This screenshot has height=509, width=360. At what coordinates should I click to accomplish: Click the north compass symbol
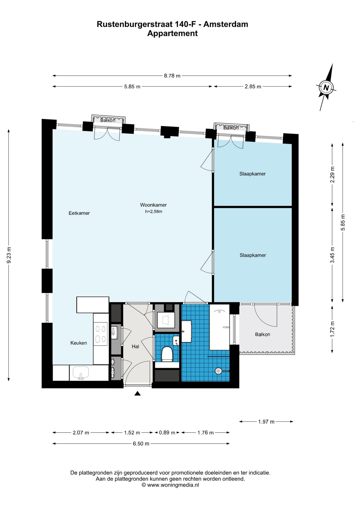click(326, 87)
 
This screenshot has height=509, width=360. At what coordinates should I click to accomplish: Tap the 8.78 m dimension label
click(172, 76)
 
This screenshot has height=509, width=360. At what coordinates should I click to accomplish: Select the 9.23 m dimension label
click(9, 255)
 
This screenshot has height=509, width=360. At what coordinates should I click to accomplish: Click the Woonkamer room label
click(153, 205)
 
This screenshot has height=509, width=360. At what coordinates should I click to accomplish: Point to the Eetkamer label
click(79, 213)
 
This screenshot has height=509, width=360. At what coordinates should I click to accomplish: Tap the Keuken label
click(78, 343)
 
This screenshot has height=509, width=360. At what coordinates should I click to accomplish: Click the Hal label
click(135, 346)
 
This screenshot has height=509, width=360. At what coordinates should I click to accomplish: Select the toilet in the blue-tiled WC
click(167, 354)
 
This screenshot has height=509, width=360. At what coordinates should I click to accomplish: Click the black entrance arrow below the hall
click(137, 393)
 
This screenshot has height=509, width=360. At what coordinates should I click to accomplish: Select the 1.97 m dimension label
click(266, 422)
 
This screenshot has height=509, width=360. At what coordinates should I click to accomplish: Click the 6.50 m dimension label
click(141, 444)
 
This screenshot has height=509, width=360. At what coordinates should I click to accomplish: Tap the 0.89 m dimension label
click(167, 433)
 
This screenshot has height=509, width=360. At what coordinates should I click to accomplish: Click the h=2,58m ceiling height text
click(153, 212)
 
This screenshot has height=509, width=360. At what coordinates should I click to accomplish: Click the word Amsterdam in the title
click(226, 24)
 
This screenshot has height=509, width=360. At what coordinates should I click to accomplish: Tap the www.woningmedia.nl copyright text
click(170, 485)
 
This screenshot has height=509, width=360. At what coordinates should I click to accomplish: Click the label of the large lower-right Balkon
click(262, 335)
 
